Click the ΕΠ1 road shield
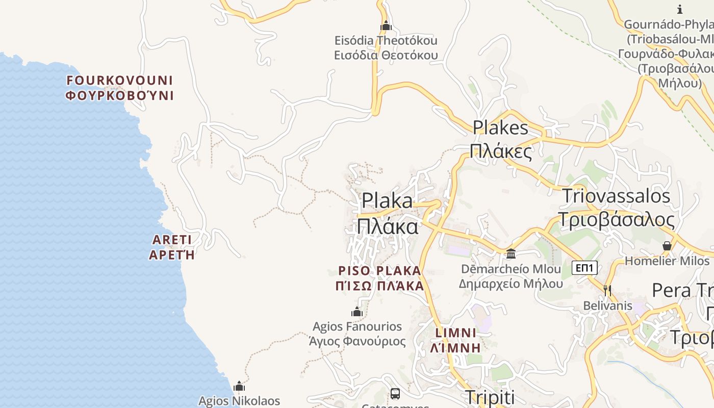584,268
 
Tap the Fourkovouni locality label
120,88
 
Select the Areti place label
172,247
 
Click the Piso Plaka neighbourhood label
380,278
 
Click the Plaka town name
387,213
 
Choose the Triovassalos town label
616,208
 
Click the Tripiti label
490,397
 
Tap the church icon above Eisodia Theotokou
386,25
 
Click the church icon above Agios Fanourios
357,312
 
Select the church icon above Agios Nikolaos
239,386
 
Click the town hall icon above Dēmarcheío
511,253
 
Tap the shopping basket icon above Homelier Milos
667,246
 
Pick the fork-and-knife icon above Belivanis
607,291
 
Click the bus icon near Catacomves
395,393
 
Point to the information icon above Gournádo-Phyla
680,9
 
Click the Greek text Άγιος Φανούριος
358,341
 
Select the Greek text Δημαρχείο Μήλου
511,284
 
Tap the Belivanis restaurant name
608,306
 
